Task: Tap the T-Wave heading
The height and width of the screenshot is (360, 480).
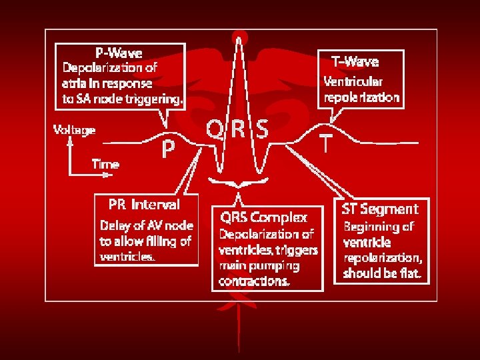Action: coord(355,62)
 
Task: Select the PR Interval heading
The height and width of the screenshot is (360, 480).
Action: coord(144,205)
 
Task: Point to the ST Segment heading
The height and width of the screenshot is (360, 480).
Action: coord(381,209)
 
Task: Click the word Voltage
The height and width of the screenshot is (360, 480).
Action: coord(74,130)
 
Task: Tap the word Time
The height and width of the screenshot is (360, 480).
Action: coord(105,164)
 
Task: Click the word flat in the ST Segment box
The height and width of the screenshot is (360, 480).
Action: coord(410,274)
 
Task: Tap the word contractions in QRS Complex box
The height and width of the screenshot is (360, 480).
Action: coord(255,281)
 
